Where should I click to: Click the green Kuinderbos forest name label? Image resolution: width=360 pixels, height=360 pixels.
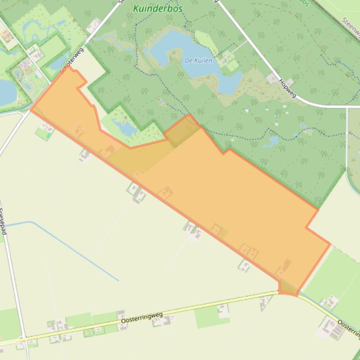(158, 8)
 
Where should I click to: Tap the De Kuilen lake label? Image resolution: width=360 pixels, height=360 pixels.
(199, 61)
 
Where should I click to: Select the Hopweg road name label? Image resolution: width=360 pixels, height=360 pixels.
(287, 87)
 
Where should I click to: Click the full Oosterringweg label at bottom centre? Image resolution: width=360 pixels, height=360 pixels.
(142, 318)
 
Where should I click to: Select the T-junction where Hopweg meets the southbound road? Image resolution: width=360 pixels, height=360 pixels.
(347, 107)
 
